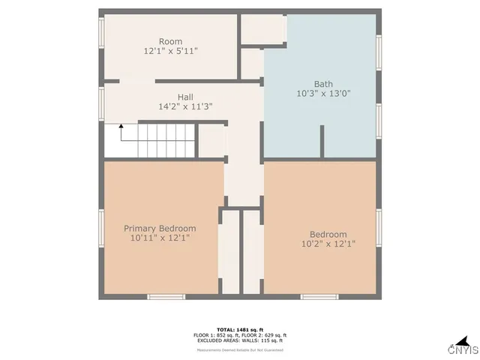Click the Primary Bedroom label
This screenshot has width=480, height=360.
click(160, 229)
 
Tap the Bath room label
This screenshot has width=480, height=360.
click(324, 84)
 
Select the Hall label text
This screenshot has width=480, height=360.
click(186, 97)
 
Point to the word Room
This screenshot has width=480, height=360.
click(170, 41)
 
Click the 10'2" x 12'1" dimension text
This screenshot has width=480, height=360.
click(328, 244)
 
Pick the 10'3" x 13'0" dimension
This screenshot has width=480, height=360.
click(324, 94)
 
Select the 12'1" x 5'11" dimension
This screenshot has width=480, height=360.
click(170, 51)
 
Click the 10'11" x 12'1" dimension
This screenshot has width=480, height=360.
click(160, 238)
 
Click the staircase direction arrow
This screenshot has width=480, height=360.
click(120, 133)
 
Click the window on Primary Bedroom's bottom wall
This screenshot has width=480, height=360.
click(166, 297)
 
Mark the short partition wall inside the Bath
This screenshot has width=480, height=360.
click(322, 142)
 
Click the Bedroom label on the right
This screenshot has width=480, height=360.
click(328, 234)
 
